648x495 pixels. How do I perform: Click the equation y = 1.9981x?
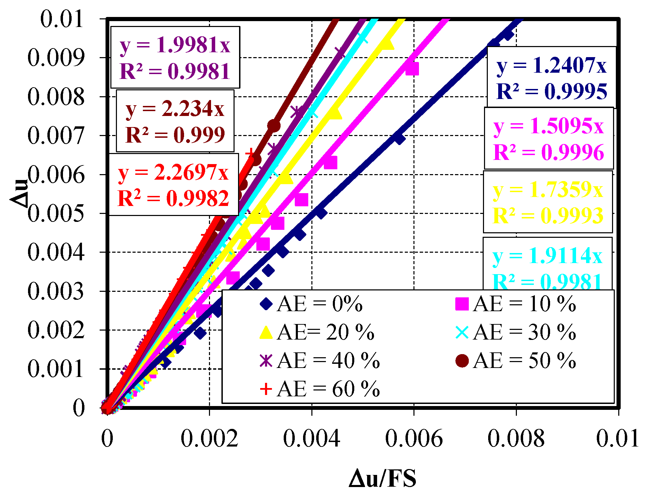tap(175, 45)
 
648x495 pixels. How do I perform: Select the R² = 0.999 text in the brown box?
tap(175, 135)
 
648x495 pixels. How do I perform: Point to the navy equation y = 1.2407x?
tap(551, 65)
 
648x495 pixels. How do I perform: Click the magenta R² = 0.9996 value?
tap(548, 153)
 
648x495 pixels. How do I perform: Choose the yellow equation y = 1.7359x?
tap(548, 190)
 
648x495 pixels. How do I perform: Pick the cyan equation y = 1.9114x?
tap(547, 256)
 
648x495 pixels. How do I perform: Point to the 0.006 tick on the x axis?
tap(414, 439)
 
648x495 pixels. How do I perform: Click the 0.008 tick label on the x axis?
tap(516, 439)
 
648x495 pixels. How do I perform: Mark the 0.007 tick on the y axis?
tap(56, 135)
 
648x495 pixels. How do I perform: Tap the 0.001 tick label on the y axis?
tap(56, 369)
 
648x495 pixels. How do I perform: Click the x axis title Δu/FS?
tap(382, 479)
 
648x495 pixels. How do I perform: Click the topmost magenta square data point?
tap(412, 69)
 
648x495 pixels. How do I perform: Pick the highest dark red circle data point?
tap(274, 126)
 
